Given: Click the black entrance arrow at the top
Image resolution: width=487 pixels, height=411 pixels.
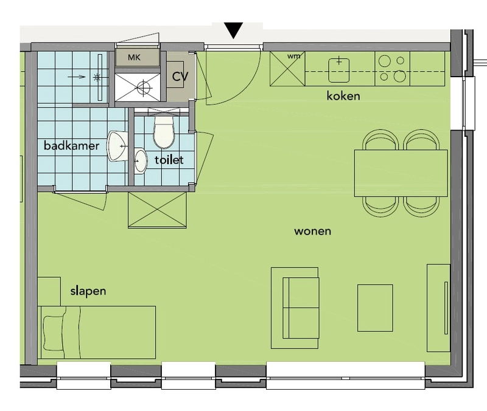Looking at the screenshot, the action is (x=234, y=30).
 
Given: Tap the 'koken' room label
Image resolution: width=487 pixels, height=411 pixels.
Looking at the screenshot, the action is (x=343, y=96).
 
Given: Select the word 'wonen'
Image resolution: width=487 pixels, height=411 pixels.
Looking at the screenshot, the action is (x=312, y=232).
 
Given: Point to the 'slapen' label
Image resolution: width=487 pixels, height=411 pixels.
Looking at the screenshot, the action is (x=88, y=291).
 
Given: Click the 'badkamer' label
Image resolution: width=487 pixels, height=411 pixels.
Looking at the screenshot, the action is (x=71, y=145).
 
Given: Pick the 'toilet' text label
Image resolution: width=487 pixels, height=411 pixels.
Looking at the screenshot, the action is (x=169, y=160).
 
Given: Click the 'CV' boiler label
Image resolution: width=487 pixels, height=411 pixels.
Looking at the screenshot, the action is (x=180, y=77).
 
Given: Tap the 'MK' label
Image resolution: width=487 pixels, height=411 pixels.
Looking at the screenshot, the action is (x=134, y=57).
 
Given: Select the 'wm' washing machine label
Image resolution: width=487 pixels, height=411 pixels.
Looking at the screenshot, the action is (x=293, y=56).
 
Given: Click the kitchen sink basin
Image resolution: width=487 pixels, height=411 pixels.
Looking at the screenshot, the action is (x=338, y=70).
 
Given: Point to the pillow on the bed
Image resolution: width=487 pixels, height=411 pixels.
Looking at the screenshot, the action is (x=54, y=333).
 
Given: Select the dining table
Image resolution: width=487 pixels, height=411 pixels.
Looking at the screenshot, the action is (x=401, y=173).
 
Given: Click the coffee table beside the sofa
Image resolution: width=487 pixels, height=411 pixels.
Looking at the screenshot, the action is (x=375, y=308).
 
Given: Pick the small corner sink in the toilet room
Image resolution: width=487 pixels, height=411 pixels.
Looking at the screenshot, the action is (x=141, y=161).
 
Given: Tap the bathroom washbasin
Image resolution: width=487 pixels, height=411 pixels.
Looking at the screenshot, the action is (x=117, y=146).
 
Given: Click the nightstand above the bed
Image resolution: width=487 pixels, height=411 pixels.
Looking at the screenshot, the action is (x=49, y=292).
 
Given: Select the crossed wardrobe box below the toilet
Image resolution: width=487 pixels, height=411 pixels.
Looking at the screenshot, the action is (x=157, y=210).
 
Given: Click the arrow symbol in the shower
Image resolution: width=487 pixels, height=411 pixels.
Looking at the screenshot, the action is (x=77, y=77).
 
